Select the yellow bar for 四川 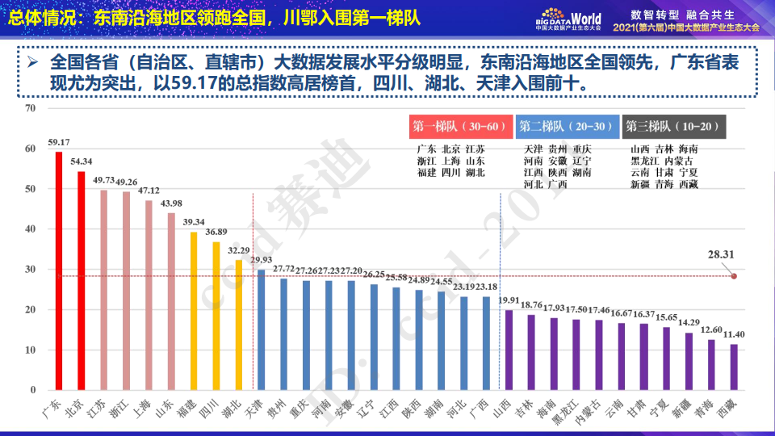coord(216,316)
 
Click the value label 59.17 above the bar coord(59,143)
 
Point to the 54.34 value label coord(82,161)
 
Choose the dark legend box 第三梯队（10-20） coord(673,127)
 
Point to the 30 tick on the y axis coord(31,270)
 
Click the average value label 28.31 coord(721,254)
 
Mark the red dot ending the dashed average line coord(734,276)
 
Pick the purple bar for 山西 coord(508,350)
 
